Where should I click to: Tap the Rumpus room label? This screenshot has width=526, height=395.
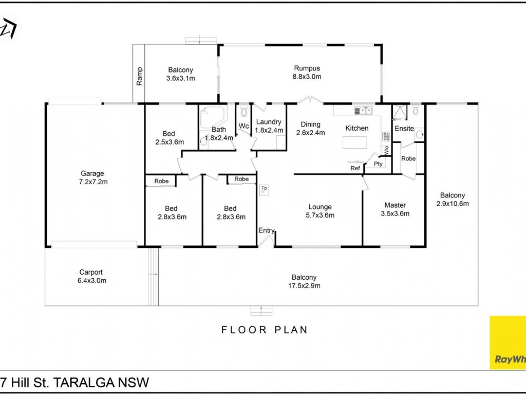[307, 72]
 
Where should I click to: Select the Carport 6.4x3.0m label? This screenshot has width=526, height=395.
[91, 276]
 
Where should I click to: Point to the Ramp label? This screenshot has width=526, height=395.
[139, 76]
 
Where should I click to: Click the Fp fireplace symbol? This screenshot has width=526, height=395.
[264, 189]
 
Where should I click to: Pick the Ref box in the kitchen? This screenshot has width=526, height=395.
[355, 168]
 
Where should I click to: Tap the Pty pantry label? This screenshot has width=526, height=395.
[378, 164]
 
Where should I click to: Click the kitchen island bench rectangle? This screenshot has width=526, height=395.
[354, 142]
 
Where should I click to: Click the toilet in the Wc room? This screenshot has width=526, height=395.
[244, 111]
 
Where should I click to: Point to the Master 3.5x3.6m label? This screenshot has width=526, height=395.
[395, 209]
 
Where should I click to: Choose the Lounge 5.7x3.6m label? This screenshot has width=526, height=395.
[320, 211]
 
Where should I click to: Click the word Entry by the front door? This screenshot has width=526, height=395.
[267, 231]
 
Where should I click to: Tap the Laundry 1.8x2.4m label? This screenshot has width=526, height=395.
[269, 126]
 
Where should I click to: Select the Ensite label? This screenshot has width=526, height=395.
[404, 128]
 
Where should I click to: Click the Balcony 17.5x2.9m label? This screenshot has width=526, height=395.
[304, 281]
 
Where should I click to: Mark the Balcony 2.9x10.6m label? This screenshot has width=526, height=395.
[453, 199]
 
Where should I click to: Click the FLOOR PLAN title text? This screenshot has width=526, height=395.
[265, 330]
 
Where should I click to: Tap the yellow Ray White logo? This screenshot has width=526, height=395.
[508, 342]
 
